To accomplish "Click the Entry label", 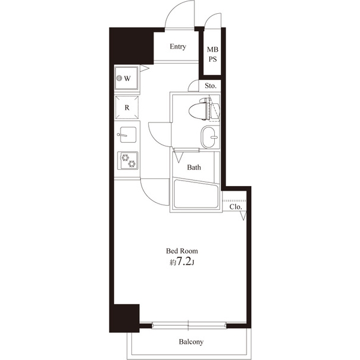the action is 178,47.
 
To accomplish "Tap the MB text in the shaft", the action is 212,49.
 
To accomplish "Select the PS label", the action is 212,59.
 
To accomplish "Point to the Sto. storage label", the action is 211,86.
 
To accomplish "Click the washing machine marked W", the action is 127,78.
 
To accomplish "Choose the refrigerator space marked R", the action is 127,107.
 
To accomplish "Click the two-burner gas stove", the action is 128,160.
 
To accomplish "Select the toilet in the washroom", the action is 203,109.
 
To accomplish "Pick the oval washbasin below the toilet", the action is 208,137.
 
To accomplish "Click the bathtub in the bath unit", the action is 196,194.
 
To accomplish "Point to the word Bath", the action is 194,167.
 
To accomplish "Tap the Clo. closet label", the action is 236,207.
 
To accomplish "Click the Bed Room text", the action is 182,251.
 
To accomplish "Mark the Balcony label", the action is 191,342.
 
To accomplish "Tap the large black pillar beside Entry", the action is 131,46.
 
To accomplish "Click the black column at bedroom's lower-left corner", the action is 124,318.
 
